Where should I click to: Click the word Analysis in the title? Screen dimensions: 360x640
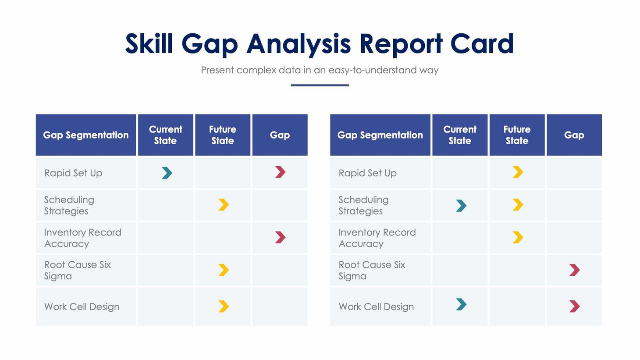[299, 44]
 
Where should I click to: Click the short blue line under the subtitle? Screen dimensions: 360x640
[320, 85]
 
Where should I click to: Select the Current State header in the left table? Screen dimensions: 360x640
[165, 135]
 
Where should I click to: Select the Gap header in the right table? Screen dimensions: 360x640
[574, 135]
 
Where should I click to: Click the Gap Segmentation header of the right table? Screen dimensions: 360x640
[380, 135]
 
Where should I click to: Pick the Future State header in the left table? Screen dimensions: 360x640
[223, 135]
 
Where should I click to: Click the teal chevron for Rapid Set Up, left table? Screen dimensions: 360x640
[167, 173]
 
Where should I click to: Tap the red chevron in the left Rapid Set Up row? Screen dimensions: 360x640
[280, 172]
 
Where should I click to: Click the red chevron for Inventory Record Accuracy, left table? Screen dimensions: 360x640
[280, 237]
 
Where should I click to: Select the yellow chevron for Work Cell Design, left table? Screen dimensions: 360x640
[224, 306]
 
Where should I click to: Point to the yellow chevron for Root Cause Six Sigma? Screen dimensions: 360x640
[224, 270]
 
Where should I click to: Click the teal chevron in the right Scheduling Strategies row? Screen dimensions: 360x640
[461, 205]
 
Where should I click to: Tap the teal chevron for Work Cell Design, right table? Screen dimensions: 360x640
[461, 304]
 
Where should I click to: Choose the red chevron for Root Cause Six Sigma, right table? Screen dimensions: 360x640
[574, 270]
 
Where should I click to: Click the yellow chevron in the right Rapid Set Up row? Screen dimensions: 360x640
[518, 172]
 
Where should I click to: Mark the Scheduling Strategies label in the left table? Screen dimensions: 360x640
[69, 205]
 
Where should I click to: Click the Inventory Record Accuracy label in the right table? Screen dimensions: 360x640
[377, 238]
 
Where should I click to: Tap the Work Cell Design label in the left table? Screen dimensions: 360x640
[82, 307]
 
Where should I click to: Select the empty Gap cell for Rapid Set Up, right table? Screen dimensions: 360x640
[574, 173]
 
